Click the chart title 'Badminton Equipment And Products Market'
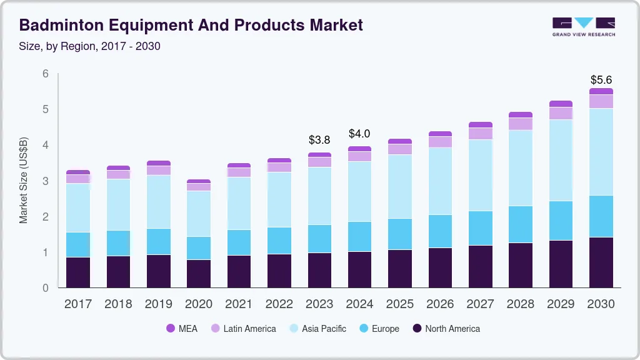tap(191, 25)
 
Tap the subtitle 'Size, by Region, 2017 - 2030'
tap(90, 46)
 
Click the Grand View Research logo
tap(583, 26)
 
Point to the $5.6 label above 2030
tap(601, 80)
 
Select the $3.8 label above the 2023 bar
tap(319, 139)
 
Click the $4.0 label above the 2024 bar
tap(359, 134)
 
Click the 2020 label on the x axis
tap(198, 304)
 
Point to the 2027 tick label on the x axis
tap(480, 304)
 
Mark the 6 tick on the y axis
tap(46, 74)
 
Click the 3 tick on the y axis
tap(46, 181)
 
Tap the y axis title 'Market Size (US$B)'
tap(24, 180)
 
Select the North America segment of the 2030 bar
tap(601, 262)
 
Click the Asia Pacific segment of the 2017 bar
tap(78, 207)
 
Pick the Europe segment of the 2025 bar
tap(399, 234)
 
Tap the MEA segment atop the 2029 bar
tap(561, 104)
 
